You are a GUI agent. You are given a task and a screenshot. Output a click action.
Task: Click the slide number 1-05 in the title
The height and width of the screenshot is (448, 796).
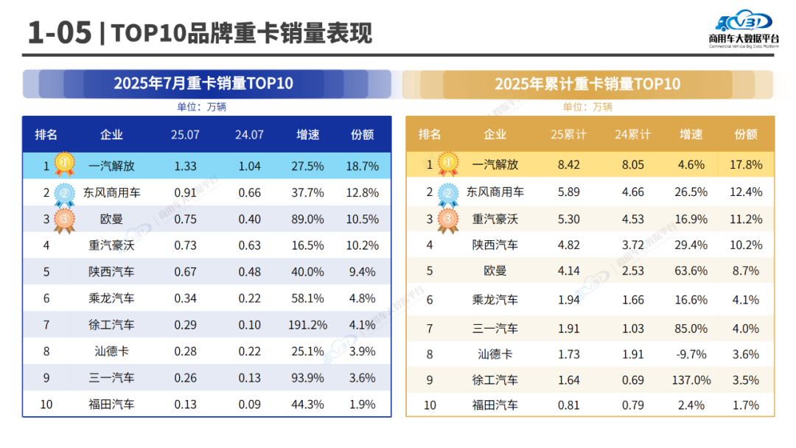(x=59, y=33)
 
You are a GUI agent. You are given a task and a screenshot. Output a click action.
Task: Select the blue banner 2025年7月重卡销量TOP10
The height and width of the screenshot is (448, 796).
(x=203, y=83)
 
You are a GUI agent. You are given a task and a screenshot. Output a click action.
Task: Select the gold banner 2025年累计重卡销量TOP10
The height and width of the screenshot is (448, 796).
(x=587, y=84)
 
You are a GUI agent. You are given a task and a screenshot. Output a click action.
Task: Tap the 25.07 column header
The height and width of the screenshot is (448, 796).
(x=185, y=135)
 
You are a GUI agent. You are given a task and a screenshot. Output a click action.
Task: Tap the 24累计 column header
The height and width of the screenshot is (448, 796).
(x=632, y=135)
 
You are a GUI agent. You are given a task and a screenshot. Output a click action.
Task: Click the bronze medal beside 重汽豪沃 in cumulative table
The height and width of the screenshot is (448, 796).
(x=448, y=220)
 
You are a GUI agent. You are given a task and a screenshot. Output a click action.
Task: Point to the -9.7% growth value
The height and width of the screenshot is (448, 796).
(x=692, y=354)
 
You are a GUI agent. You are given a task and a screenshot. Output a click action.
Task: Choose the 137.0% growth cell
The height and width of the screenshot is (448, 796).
(x=692, y=380)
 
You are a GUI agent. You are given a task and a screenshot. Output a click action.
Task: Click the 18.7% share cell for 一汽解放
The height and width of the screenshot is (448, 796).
(x=362, y=167)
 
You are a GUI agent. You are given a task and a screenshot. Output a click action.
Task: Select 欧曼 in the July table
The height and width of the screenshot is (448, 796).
(x=111, y=220)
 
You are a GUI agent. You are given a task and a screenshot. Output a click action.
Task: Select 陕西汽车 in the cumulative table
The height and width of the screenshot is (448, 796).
(x=495, y=245)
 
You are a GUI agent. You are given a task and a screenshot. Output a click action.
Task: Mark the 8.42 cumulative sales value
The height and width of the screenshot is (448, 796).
(x=570, y=165)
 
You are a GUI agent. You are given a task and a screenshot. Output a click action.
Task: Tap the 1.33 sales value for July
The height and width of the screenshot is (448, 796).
(x=185, y=167)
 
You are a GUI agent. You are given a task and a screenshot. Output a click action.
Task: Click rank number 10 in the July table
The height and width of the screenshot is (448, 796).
(x=46, y=404)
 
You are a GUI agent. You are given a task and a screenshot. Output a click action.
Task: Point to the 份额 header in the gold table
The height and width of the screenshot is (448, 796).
(x=746, y=135)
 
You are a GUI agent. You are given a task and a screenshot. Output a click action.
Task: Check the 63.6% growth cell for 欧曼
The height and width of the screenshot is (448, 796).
(x=692, y=271)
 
